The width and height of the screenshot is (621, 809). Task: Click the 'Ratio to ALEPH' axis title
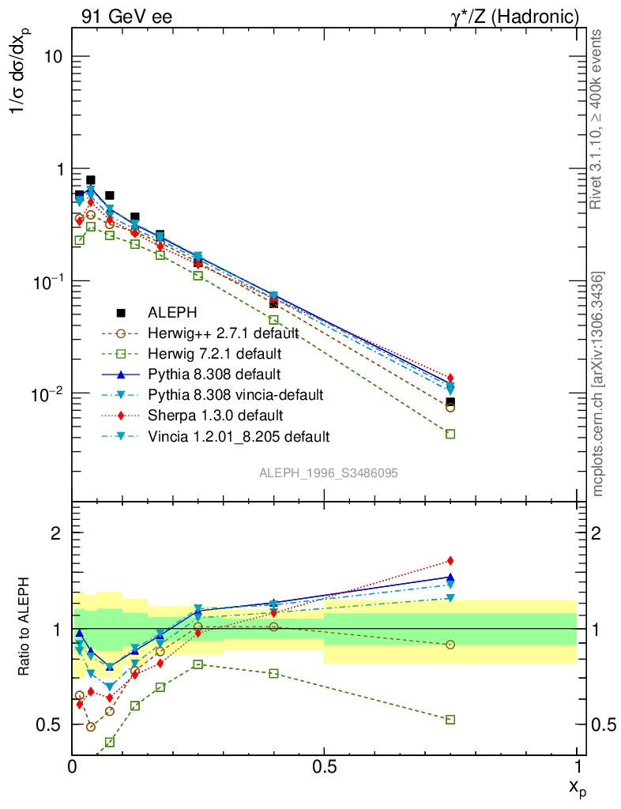pos(24,629)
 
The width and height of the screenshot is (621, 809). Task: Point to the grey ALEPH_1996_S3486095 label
pos(328,472)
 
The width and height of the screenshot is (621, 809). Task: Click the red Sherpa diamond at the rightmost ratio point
pos(450,561)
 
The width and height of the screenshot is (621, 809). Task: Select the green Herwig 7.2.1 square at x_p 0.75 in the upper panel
pos(450,434)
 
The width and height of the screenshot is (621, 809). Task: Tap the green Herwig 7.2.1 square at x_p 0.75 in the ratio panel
pos(450,720)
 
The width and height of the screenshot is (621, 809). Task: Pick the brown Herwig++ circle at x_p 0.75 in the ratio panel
pos(450,645)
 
